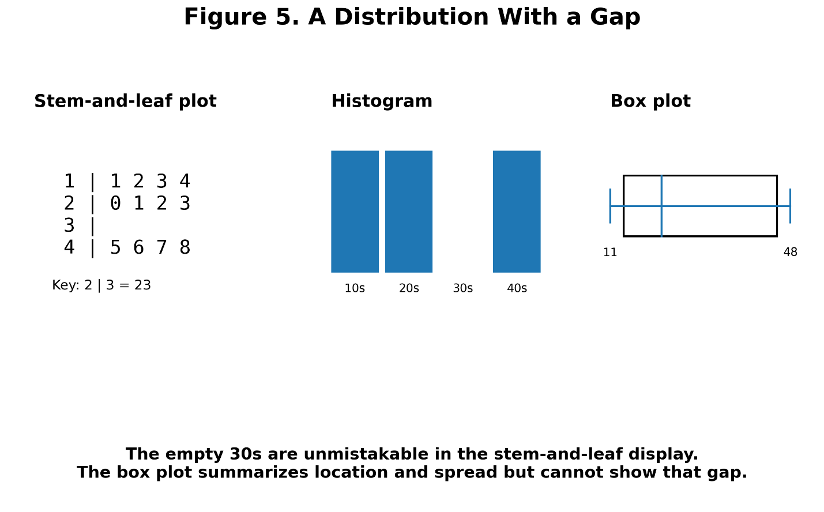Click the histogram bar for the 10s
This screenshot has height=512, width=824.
pyautogui.click(x=355, y=212)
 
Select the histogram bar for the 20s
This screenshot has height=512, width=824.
pyautogui.click(x=409, y=212)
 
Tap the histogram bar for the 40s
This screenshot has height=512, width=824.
pyautogui.click(x=517, y=212)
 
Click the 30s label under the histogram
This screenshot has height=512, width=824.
pyautogui.click(x=463, y=288)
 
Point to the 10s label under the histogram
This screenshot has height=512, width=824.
pyautogui.click(x=355, y=288)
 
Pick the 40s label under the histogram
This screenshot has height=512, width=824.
pyautogui.click(x=517, y=288)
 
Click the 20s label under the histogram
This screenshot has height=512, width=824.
pyautogui.click(x=409, y=288)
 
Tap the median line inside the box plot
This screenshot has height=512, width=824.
pyautogui.click(x=661, y=206)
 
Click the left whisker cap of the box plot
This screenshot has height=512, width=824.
pyautogui.click(x=610, y=206)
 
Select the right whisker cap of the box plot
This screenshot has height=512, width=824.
pyautogui.click(x=790, y=206)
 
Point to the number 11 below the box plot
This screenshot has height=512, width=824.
pyautogui.click(x=610, y=253)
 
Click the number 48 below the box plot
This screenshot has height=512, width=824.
pyautogui.click(x=790, y=253)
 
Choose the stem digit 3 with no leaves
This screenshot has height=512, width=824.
pyautogui.click(x=69, y=225)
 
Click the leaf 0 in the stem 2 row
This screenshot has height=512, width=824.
pyautogui.click(x=115, y=203)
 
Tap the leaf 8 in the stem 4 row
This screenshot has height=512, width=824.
pyautogui.click(x=185, y=247)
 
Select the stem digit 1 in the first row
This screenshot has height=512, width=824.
pyautogui.click(x=69, y=181)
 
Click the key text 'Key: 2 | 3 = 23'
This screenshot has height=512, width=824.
pyautogui.click(x=101, y=285)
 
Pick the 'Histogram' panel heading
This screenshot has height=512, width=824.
pyautogui.click(x=382, y=101)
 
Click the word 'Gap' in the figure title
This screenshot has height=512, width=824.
pyautogui.click(x=615, y=18)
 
